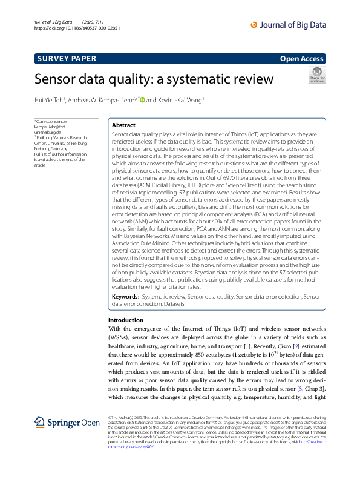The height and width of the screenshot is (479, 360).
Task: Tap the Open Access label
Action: [303, 59]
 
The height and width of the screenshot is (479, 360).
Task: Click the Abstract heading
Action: [123, 125]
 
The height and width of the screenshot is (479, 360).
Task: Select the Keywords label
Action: [126, 297]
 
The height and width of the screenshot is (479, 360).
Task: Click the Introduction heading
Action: [126, 320]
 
